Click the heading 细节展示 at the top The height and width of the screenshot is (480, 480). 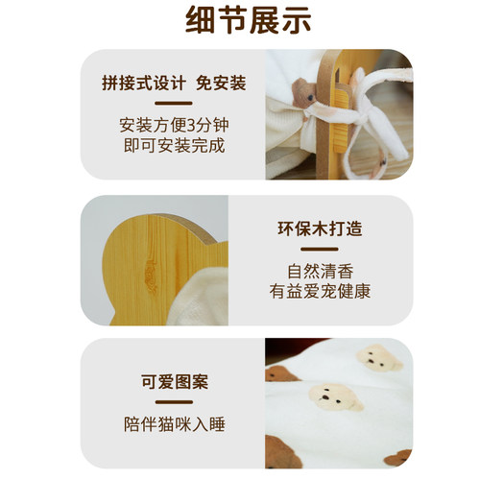[240, 21]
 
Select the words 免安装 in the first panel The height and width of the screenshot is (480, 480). [223, 83]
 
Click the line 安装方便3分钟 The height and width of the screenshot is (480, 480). [174, 126]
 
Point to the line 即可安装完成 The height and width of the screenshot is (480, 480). [174, 146]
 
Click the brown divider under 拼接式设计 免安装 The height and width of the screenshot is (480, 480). [174, 103]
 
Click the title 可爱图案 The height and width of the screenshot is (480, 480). [174, 382]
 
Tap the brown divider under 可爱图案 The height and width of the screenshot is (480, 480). [174, 402]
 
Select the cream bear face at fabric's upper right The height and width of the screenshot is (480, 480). [378, 358]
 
